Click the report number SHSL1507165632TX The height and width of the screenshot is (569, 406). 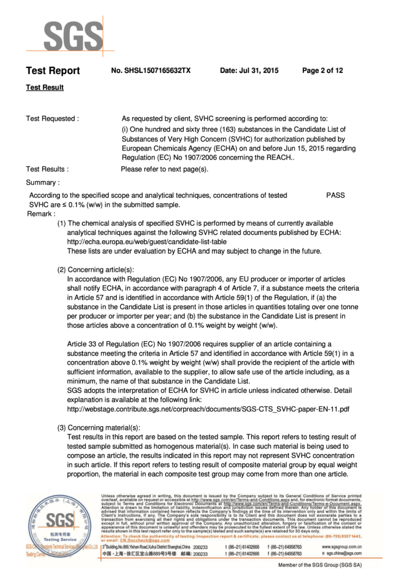click(151, 71)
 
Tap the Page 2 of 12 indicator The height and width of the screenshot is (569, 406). click(322, 71)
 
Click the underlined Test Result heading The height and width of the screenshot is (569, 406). click(44, 88)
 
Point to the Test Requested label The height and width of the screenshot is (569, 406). click(52, 118)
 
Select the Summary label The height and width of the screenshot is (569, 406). click(43, 182)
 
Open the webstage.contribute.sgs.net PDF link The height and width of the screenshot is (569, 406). click(209, 409)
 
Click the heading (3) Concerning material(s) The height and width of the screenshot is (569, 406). click(99, 427)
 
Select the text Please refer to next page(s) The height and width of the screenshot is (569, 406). click(164, 169)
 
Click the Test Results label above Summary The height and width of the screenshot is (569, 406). click(48, 169)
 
